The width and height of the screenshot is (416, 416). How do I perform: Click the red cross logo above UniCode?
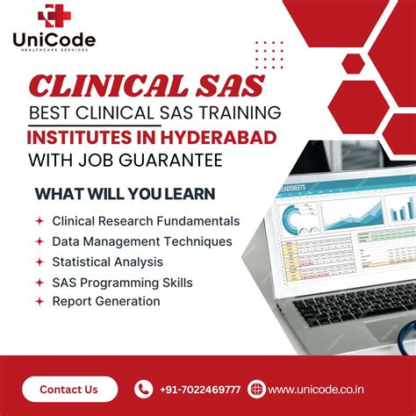click(x=54, y=16)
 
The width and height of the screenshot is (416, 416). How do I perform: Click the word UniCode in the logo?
click(x=54, y=39)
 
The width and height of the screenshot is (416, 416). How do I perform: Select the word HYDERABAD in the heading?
click(x=225, y=138)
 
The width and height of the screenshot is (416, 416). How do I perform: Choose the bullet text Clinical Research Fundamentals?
click(x=146, y=222)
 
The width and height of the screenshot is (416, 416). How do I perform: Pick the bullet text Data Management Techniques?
click(x=142, y=240)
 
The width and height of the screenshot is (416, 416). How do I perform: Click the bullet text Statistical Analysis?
click(x=107, y=262)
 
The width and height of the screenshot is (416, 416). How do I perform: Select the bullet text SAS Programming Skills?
click(x=122, y=283)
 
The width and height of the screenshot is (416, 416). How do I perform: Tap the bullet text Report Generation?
click(x=106, y=301)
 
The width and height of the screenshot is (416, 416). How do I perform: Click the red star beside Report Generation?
click(x=39, y=301)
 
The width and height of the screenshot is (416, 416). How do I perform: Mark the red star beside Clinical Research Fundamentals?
click(x=39, y=222)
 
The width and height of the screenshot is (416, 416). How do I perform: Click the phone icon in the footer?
click(x=143, y=389)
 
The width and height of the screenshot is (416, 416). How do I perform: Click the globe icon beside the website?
click(x=256, y=389)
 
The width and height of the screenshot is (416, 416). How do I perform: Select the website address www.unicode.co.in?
click(x=317, y=389)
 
